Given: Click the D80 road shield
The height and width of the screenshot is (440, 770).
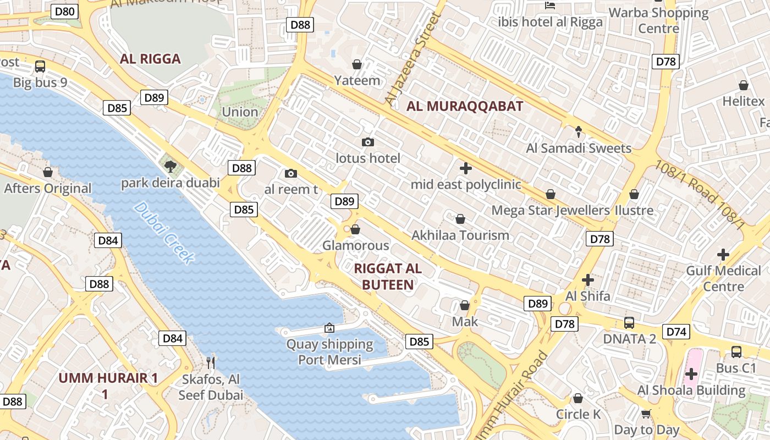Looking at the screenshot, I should tap(64, 11).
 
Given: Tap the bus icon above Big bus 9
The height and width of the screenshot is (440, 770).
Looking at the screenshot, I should tap(40, 67).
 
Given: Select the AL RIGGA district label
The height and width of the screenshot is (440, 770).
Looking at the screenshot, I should tap(150, 59).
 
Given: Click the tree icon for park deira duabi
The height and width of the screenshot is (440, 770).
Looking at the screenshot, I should tap(170, 166).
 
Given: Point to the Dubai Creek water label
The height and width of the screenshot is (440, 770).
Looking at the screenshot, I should tap(164, 233).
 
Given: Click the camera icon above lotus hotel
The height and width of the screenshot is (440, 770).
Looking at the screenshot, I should tap(368, 142).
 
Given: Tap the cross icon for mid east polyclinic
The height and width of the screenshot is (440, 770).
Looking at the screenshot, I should tap(466, 168).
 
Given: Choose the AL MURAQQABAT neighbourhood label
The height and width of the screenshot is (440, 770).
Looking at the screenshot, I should tap(465, 107).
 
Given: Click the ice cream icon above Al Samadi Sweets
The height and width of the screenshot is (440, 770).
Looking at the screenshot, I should tap(579, 131).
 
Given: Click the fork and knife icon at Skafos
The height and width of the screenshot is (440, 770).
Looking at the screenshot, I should tap(210, 362).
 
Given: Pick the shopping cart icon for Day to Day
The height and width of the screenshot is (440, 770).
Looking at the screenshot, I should tap(646, 414).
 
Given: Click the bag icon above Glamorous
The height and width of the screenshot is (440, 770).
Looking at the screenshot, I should tap(355, 229).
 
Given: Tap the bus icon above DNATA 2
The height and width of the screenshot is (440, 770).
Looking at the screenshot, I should tap(629, 323).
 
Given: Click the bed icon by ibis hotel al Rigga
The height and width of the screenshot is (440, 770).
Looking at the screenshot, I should tap(550, 5).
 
